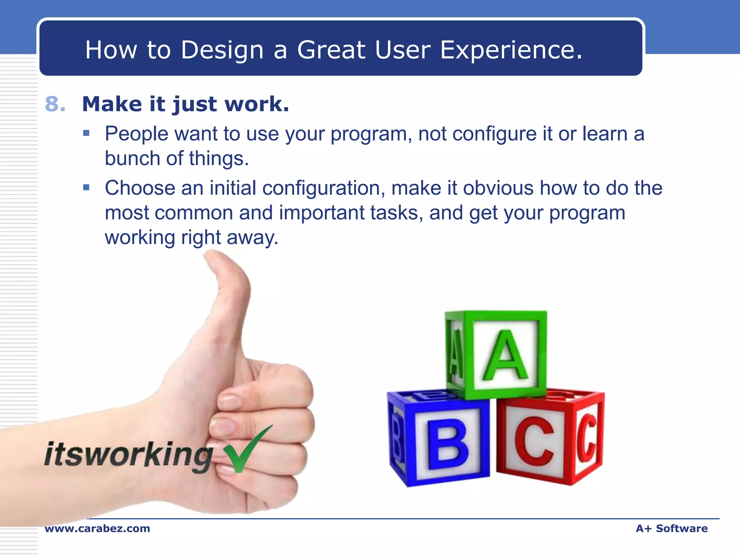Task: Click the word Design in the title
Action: tap(222, 50)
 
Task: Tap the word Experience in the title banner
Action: tap(511, 50)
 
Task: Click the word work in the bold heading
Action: tap(256, 104)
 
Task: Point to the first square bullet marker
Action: tap(86, 133)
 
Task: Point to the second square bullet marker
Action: tap(86, 187)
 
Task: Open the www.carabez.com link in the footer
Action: tap(97, 529)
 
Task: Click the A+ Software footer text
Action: tap(671, 529)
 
